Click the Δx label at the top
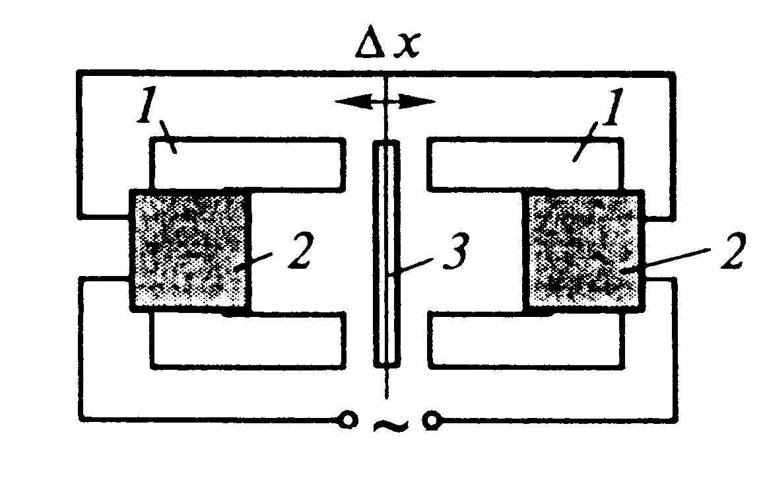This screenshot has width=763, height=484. (x=388, y=45)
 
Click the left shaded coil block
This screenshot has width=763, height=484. (x=190, y=250)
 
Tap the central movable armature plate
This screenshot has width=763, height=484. (x=387, y=253)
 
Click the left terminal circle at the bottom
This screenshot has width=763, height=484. (x=348, y=420)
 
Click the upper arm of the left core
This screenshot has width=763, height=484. (x=248, y=164)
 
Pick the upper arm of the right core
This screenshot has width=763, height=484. (x=525, y=164)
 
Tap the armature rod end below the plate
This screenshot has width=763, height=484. (x=387, y=383)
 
